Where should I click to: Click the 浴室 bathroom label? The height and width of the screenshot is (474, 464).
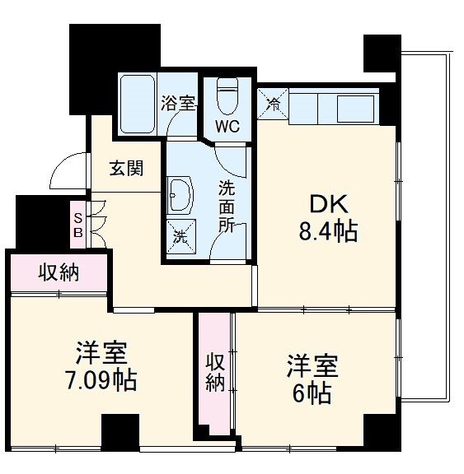(178, 104)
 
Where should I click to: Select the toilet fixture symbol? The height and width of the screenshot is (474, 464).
(226, 95)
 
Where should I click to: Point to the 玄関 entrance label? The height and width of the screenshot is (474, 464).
(127, 169)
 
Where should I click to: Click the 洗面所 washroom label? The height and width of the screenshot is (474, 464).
(226, 207)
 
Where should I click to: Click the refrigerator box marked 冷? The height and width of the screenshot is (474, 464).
(274, 104)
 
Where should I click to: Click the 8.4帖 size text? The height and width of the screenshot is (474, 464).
(328, 232)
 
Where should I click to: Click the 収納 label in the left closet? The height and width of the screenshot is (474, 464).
(59, 273)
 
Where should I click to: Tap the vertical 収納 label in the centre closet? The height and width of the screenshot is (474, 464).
(215, 372)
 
